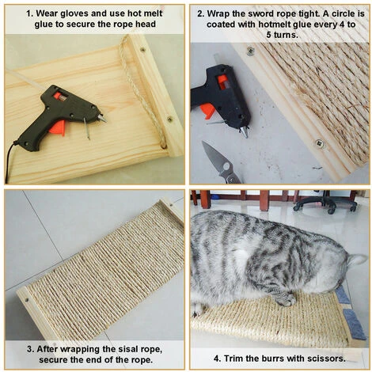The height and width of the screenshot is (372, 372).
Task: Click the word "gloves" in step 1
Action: coord(74,13)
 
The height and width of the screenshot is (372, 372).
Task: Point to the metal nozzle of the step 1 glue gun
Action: coord(102,119)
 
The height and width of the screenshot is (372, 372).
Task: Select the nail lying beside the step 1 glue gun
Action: coord(87,128)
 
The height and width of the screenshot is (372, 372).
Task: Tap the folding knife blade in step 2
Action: coord(214,155)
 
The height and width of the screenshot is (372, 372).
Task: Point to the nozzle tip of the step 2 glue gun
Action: coord(244,131)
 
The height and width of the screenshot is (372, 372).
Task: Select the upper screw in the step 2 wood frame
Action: coord(250,51)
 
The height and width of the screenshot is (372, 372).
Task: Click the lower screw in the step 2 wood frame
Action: coord(320,143)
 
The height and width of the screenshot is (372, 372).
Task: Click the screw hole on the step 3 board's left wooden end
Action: coord(27,300)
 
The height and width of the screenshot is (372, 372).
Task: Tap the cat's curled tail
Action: coord(358,260)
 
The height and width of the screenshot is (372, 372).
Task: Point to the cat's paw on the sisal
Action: coord(285,299)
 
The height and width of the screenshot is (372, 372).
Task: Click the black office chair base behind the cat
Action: coord(325,204)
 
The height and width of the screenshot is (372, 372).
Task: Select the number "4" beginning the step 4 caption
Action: coord(217,359)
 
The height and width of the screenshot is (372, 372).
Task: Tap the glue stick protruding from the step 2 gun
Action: coord(217,59)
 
